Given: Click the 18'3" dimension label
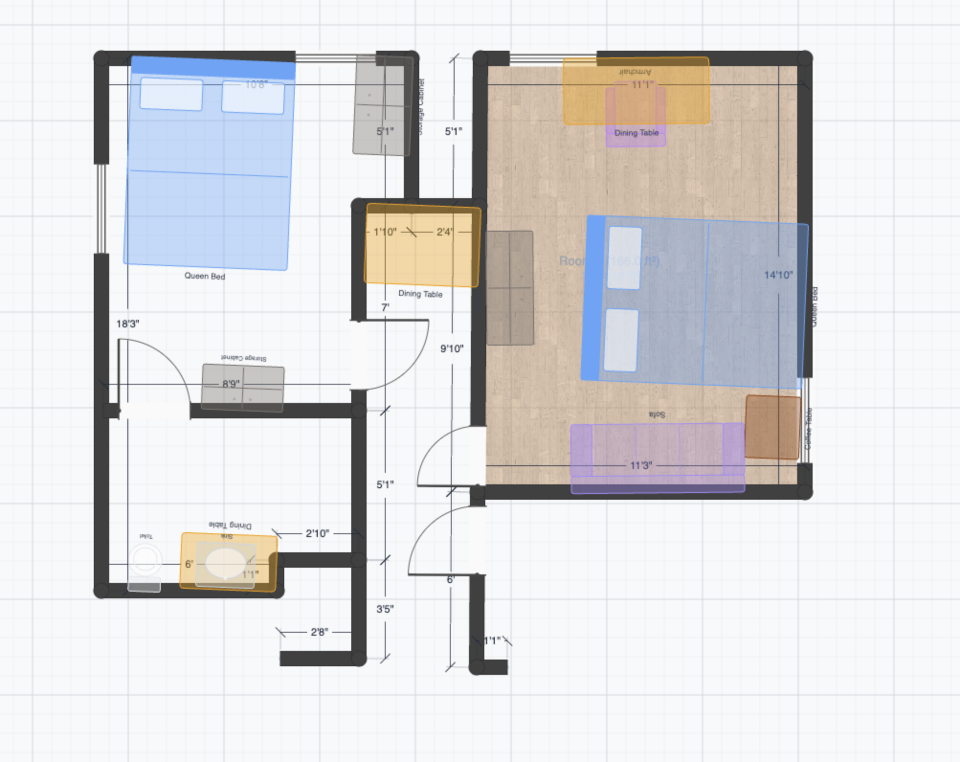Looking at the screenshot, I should coord(127,324).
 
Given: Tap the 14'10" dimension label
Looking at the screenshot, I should coord(778,275).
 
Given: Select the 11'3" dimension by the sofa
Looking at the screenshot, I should coord(641,466).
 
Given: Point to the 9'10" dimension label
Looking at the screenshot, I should coord(452,348).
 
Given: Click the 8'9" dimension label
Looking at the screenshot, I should coord(231,384).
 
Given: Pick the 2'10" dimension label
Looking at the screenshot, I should coord(317,533).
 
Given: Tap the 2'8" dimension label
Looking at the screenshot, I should coord(319,632).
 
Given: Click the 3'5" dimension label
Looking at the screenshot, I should coord(385,609).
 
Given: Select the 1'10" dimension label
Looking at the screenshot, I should coord(385,232).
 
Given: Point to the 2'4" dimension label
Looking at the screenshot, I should coord(444,232).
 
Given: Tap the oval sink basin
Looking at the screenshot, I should coord(225,563).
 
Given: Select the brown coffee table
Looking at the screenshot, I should coord(772,427).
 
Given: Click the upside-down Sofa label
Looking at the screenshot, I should coord(657,415).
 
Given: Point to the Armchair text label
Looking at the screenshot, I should coord(635,72).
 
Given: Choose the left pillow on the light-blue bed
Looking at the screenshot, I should coord(171,94).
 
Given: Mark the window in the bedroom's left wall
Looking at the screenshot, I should coord(101,208).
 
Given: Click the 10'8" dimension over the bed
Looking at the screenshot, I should coord(256,85).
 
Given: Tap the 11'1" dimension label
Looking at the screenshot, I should coord(642,85).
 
